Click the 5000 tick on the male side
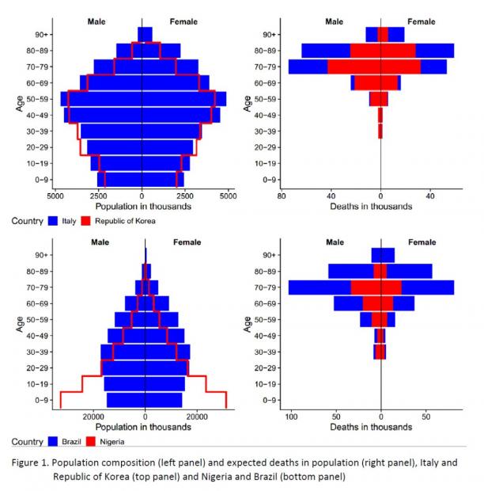[x=55, y=195]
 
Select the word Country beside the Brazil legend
[x=25, y=441]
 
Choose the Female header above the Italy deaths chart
[x=422, y=21]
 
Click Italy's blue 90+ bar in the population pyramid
[x=146, y=34]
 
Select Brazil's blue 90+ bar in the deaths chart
[x=384, y=255]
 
